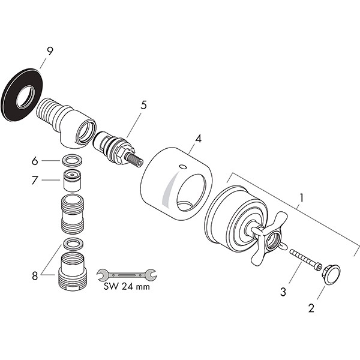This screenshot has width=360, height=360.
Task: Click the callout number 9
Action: point(50,51)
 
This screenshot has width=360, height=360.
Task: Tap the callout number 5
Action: point(143,105)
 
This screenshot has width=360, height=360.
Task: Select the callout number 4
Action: point(198,139)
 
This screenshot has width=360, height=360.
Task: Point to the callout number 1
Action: point(301,198)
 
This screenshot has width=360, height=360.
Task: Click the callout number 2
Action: point(311,308)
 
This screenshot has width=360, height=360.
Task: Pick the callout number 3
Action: point(283,292)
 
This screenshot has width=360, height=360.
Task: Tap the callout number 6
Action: point(35,161)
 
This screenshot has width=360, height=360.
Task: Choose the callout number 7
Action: point(35,180)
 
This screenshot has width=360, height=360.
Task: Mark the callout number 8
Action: point(35,276)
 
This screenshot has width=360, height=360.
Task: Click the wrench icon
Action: point(127,275)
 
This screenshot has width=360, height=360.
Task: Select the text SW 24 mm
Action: point(127,286)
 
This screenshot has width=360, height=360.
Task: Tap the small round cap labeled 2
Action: point(332,275)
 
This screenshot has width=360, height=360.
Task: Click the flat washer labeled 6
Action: point(72,160)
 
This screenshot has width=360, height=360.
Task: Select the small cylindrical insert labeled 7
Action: point(72,181)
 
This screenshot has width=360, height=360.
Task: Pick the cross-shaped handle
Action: point(268,239)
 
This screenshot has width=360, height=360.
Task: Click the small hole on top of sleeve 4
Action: point(183,166)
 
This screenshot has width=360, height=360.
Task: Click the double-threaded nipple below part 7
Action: point(73,214)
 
